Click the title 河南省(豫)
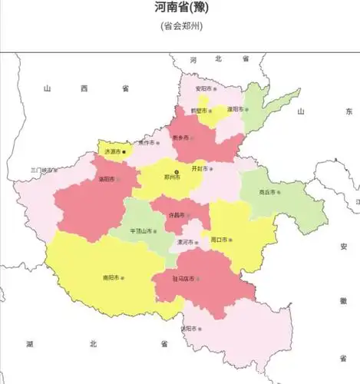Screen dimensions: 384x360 click(x=181, y=8)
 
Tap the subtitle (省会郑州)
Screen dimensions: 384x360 click(x=181, y=25)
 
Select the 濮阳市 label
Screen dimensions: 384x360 click(x=233, y=110)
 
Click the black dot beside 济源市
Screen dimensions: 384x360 click(x=124, y=152)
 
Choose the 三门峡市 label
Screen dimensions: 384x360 click(x=43, y=170)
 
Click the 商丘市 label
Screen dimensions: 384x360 click(x=266, y=192)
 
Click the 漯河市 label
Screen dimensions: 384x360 click(x=184, y=242)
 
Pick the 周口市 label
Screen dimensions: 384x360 click(x=219, y=240)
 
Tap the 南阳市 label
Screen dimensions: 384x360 click(x=111, y=277)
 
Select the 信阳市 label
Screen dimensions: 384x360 click(x=189, y=328)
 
